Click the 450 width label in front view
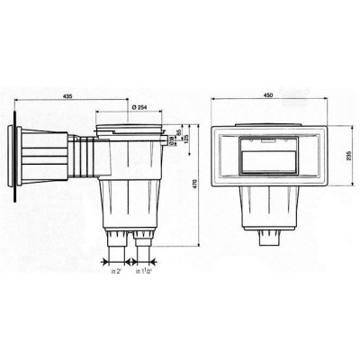[x=268, y=94]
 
